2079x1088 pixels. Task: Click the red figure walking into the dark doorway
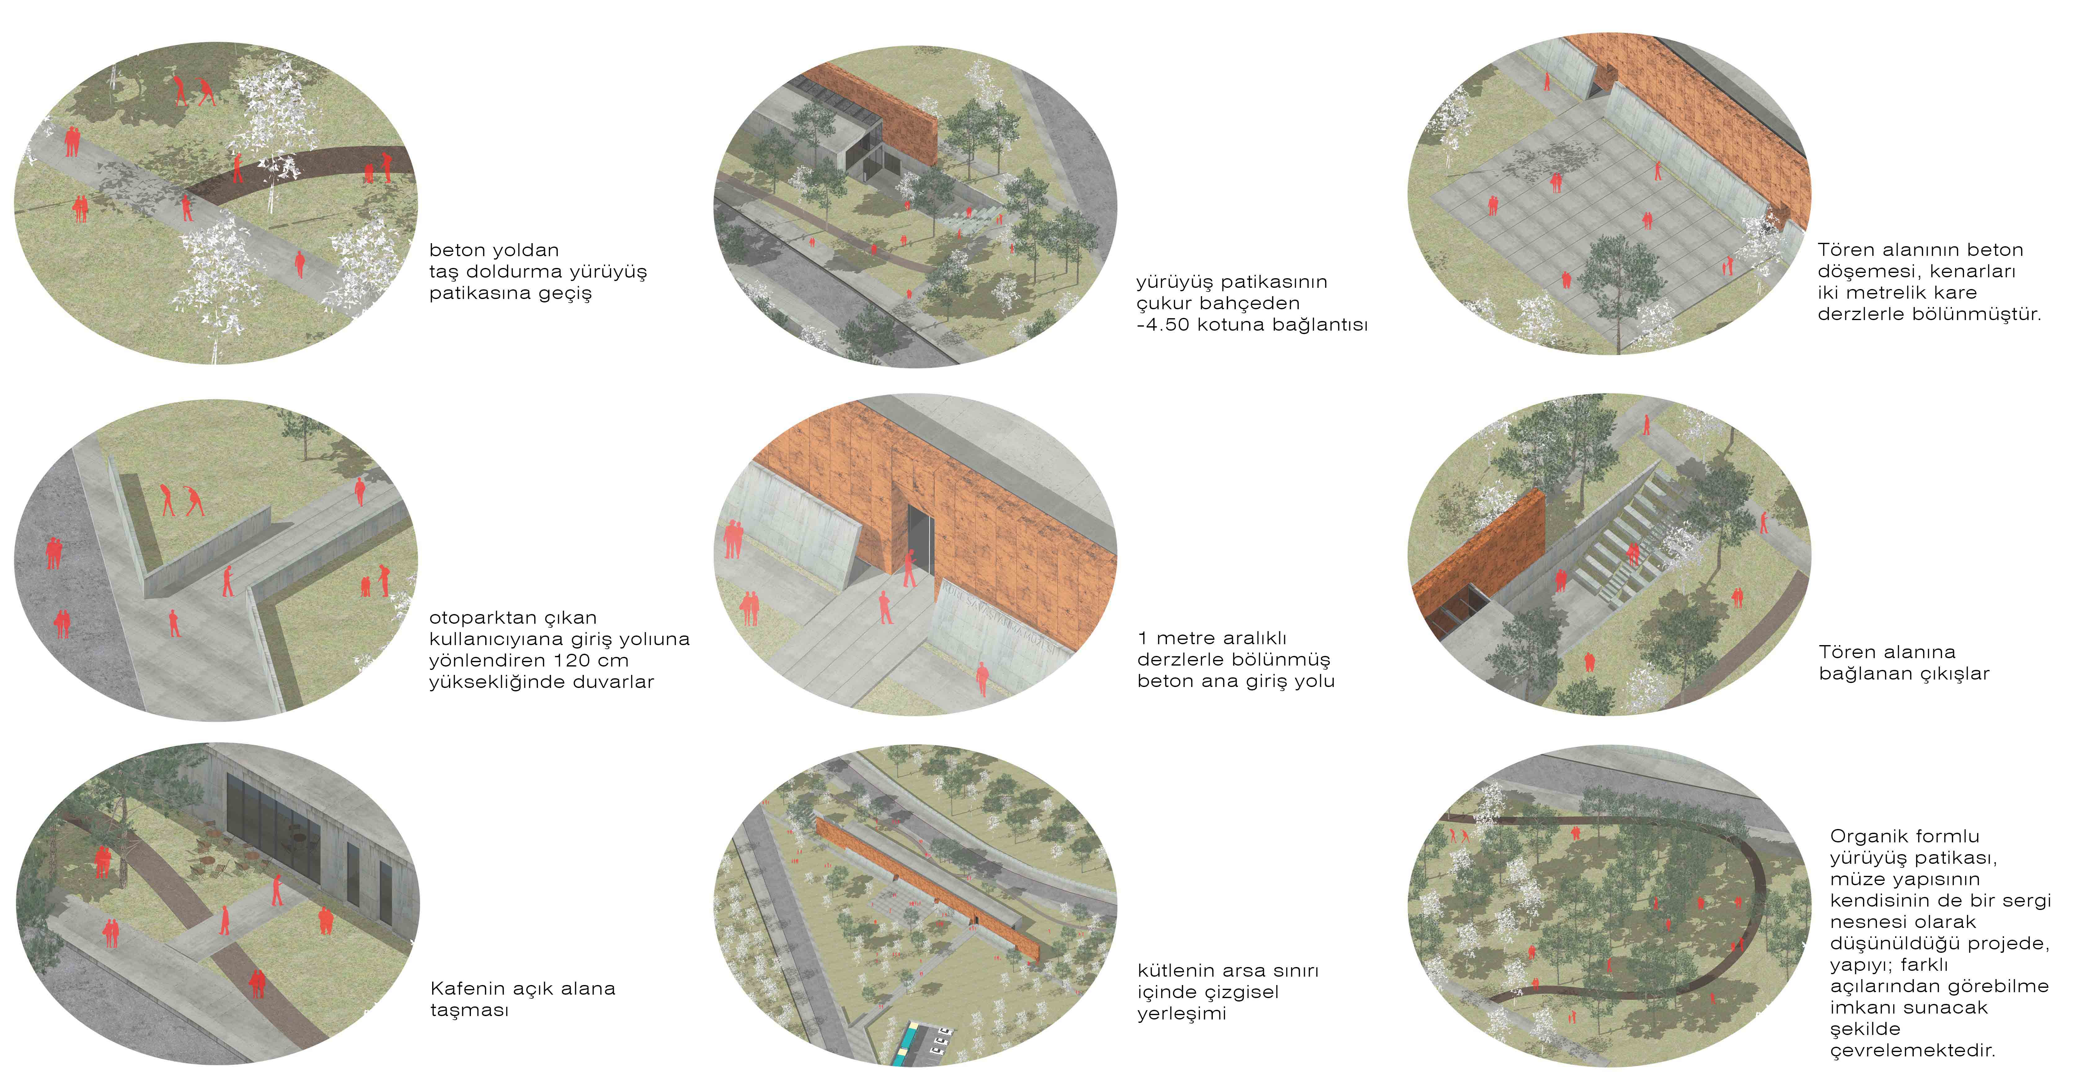coord(910,567)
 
